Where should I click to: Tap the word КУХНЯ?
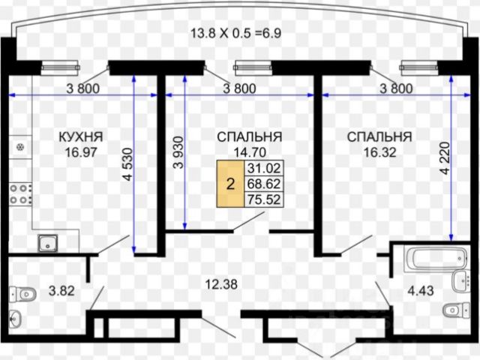click(x=80, y=136)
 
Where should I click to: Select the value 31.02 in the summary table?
click(x=260, y=168)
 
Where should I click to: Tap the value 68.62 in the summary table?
click(x=260, y=184)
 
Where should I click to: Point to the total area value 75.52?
click(x=260, y=199)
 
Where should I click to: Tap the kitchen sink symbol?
click(x=49, y=243)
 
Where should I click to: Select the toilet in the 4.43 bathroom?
click(x=454, y=308)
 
